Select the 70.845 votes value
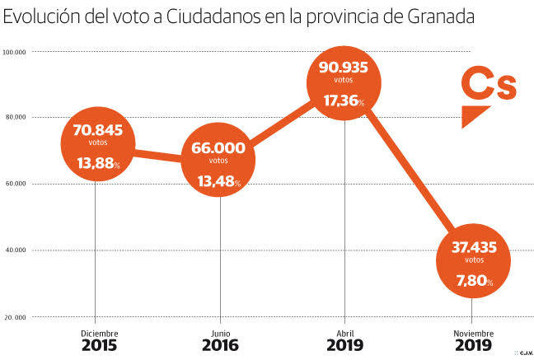point(97,129)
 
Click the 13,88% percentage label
point(97,163)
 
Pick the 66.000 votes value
point(218,148)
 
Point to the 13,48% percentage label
point(218,181)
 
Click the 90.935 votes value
point(344,68)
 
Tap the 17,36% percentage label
point(344,101)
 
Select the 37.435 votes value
point(472,247)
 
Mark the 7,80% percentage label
point(473,282)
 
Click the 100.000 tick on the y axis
point(16,52)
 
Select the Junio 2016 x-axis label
point(220,339)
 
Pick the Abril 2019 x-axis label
point(344,339)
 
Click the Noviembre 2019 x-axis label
point(471,339)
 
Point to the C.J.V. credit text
point(523,353)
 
